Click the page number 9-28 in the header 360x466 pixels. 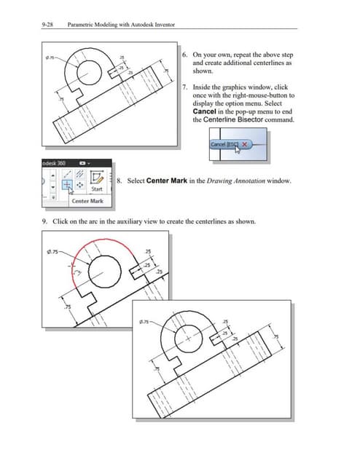pyautogui.click(x=49, y=24)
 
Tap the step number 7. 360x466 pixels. pyautogui.click(x=184, y=87)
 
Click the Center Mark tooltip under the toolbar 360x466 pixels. pyautogui.click(x=87, y=201)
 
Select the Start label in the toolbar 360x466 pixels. pyautogui.click(x=95, y=189)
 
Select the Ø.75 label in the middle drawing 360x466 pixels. pyautogui.click(x=54, y=253)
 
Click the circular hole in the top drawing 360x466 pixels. pyautogui.click(x=90, y=71)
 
